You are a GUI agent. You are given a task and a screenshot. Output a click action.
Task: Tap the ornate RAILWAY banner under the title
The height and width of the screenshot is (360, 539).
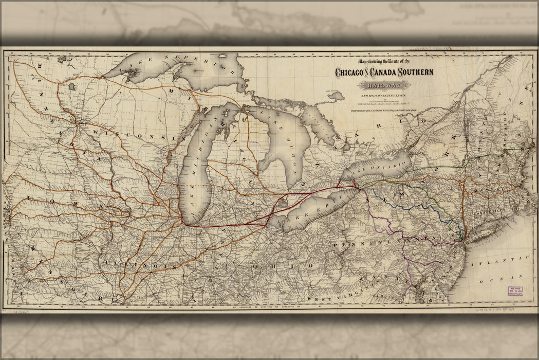(x=385, y=85)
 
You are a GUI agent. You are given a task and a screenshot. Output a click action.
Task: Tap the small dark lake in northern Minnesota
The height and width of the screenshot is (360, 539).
(x=72, y=87)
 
